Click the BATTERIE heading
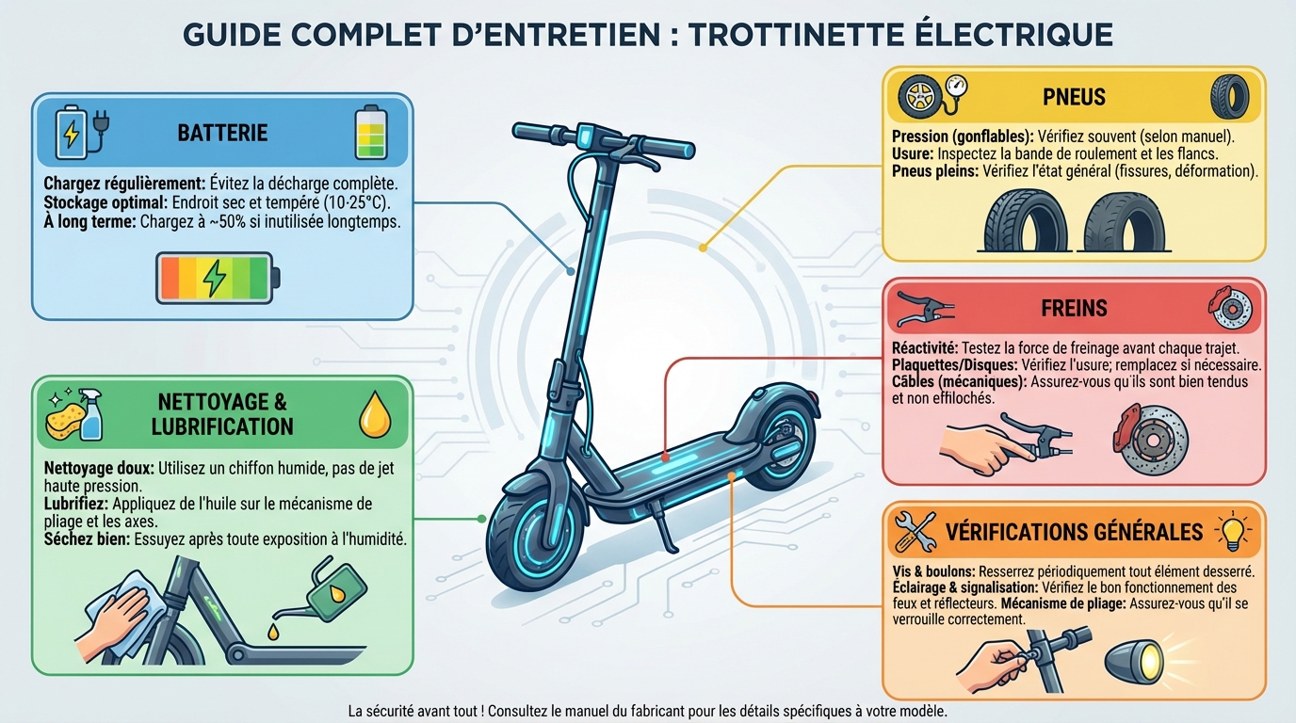click(222, 133)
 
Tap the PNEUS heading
click(1074, 97)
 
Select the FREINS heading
click(1074, 308)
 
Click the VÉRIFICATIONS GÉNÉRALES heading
click(1074, 532)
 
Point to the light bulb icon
click(1234, 532)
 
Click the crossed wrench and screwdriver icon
click(914, 532)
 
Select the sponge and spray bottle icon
click(73, 415)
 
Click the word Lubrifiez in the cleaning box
click(74, 504)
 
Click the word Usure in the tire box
click(911, 153)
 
